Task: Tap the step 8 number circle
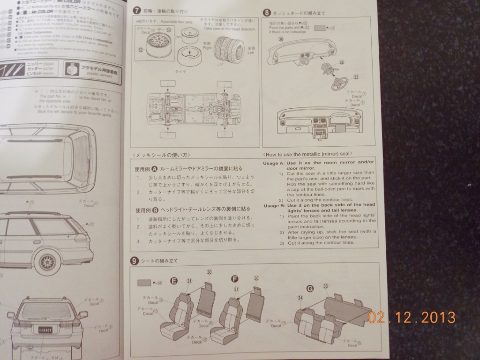[x=267, y=13]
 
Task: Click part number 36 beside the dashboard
[x=281, y=40]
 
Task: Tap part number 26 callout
[x=341, y=62]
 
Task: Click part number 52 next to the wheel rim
[x=140, y=49]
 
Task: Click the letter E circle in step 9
[x=174, y=281]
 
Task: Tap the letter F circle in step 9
[x=235, y=279]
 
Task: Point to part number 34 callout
[x=300, y=298]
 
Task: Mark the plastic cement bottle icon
[x=72, y=71]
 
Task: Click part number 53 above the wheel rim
[x=168, y=30]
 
